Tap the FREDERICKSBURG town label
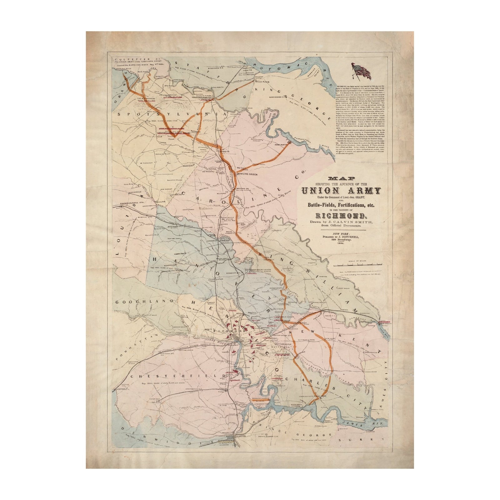click(x=203, y=97)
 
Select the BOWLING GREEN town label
click(x=247, y=174)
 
